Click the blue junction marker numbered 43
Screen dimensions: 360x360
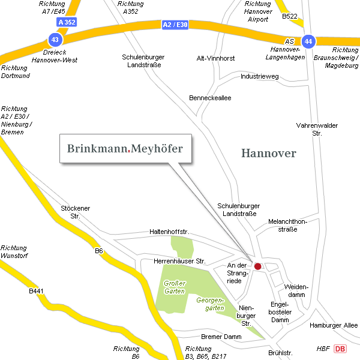pyautogui.click(x=55, y=40)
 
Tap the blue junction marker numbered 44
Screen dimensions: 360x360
pyautogui.click(x=308, y=41)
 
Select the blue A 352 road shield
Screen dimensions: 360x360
pyautogui.click(x=67, y=22)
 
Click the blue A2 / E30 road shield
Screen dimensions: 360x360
pyautogui.click(x=175, y=25)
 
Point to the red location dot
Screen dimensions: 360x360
pyautogui.click(x=258, y=266)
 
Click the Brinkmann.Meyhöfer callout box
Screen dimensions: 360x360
pyautogui.click(x=125, y=148)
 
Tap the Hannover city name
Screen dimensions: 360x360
pyautogui.click(x=269, y=154)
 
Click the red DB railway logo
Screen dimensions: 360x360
pyautogui.click(x=340, y=349)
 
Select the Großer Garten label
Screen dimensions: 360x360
pyautogui.click(x=174, y=287)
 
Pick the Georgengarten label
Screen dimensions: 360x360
pyautogui.click(x=210, y=304)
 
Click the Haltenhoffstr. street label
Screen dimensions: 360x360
pyautogui.click(x=169, y=232)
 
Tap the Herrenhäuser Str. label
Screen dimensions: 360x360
pyautogui.click(x=179, y=262)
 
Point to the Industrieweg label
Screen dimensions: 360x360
pyautogui.click(x=259, y=77)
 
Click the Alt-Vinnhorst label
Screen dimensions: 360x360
pyautogui.click(x=216, y=59)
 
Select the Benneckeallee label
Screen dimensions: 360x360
pyautogui.click(x=209, y=97)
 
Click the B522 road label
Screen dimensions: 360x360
pyautogui.click(x=290, y=16)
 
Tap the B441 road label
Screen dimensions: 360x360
pyautogui.click(x=37, y=292)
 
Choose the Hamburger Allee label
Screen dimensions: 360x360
pyautogui.click(x=334, y=325)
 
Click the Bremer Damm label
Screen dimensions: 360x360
pyautogui.click(x=221, y=337)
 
